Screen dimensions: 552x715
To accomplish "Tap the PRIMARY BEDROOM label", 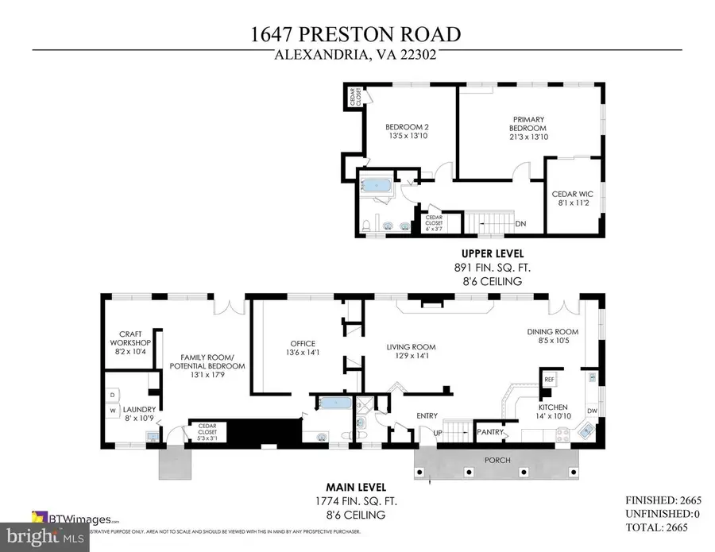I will (x=528, y=128).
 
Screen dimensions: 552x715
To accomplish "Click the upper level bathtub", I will (x=374, y=185).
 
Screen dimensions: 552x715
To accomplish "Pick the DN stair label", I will (x=520, y=224).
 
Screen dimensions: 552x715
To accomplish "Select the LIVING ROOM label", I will (x=412, y=351).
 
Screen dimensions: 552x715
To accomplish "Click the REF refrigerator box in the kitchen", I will (x=549, y=380).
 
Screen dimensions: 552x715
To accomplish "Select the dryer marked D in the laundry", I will (x=112, y=394).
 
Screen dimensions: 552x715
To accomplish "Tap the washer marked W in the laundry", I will (x=112, y=411).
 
